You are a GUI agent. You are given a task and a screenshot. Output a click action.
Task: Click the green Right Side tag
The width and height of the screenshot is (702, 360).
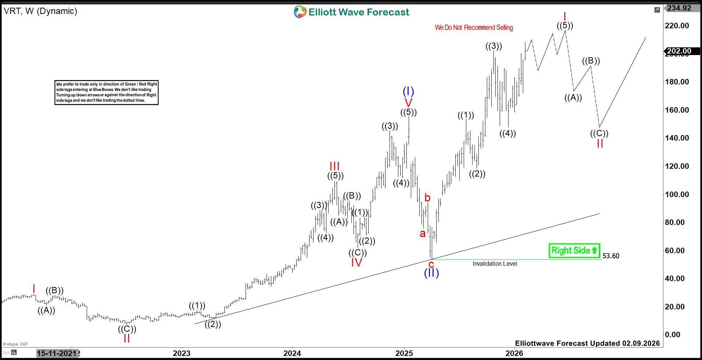[574, 251]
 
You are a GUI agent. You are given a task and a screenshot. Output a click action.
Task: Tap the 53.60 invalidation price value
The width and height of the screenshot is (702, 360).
[611, 256]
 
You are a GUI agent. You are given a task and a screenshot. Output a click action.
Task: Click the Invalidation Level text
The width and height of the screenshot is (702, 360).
[495, 264]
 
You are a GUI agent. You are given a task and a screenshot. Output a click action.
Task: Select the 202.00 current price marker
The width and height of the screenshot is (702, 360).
[679, 51]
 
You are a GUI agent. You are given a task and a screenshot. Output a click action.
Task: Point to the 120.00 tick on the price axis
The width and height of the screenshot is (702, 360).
[677, 166]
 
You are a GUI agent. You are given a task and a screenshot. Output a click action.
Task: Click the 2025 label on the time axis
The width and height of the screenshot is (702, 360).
[404, 353]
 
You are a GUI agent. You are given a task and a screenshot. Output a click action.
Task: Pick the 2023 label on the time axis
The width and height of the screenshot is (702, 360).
[182, 353]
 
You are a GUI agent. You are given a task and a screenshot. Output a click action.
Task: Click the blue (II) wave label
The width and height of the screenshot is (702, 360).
[431, 273]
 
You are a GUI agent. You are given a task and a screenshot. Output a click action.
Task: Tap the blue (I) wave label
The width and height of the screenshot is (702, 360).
[408, 91]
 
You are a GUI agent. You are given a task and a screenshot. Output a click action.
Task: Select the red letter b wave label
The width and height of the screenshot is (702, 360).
[427, 198]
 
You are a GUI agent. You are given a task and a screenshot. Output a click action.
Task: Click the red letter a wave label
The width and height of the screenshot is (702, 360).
[423, 233]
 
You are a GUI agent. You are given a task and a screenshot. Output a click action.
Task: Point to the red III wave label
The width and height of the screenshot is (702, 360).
[334, 166]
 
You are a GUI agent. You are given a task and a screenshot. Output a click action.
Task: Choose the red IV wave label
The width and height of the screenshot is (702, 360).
[357, 262]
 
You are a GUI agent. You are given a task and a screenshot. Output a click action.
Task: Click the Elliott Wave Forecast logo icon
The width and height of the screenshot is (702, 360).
[300, 12]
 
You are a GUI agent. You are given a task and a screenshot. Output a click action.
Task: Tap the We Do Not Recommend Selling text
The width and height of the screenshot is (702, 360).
[474, 28]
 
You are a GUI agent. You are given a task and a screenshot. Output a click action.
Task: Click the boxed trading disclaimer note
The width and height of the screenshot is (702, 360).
[106, 92]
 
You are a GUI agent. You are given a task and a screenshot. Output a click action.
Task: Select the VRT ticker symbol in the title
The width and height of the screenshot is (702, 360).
[12, 11]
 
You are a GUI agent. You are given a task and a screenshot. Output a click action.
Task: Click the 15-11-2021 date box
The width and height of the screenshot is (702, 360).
[57, 353]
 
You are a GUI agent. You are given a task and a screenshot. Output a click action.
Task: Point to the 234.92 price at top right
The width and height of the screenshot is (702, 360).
[679, 8]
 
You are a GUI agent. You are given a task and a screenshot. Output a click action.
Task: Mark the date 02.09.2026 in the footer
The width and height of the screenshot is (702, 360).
[641, 343]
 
